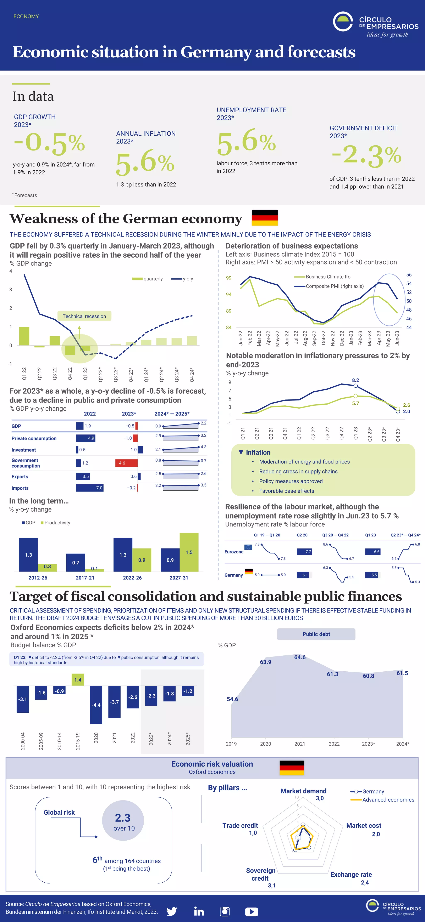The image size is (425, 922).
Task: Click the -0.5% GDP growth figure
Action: coord(49,143)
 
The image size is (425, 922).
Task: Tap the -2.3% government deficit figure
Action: coord(366,155)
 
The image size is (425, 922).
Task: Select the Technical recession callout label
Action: coord(84,316)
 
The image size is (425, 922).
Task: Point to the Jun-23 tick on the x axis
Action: coord(397,338)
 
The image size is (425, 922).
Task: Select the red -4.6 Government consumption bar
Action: coord(127,463)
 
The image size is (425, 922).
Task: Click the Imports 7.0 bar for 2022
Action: coord(90,488)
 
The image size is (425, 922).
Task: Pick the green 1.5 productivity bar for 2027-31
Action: coord(189,552)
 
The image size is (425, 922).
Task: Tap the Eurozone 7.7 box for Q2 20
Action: coord(304,552)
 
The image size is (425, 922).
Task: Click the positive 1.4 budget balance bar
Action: coord(78,679)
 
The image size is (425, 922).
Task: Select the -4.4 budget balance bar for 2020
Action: coord(96,704)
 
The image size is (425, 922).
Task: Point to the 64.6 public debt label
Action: coord(300,657)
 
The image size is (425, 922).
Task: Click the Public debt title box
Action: coord(316,634)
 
